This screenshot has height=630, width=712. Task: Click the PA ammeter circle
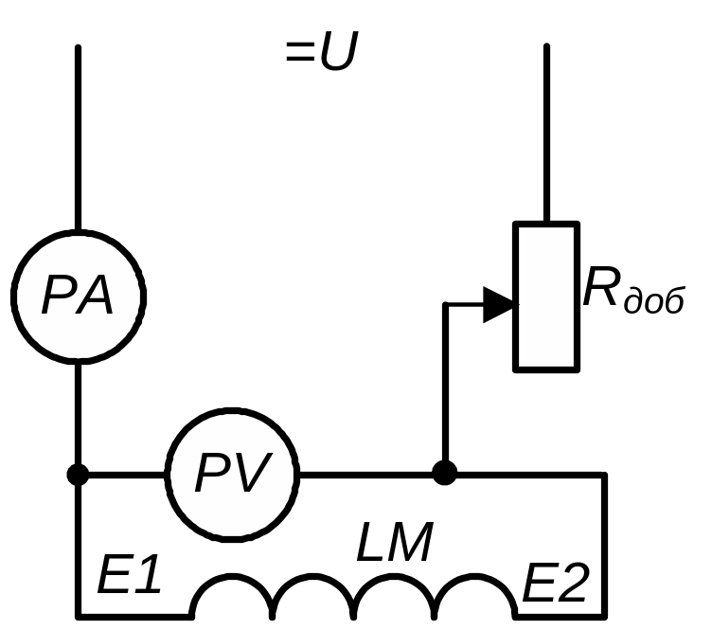pyautogui.click(x=78, y=297)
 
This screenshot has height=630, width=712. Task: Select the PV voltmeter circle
pyautogui.click(x=233, y=473)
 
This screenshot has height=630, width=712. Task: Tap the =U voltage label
pyautogui.click(x=321, y=54)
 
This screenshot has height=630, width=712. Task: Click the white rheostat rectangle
pyautogui.click(x=545, y=297)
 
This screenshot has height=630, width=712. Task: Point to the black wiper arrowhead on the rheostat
pyautogui.click(x=499, y=305)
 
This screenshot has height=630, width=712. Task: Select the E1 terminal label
pyautogui.click(x=129, y=578)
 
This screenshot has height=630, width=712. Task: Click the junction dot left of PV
pyautogui.click(x=78, y=474)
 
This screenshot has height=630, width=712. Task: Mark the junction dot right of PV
pyautogui.click(x=444, y=473)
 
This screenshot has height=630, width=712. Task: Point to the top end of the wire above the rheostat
pyautogui.click(x=546, y=47)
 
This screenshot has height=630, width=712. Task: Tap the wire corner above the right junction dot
pyautogui.click(x=445, y=305)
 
